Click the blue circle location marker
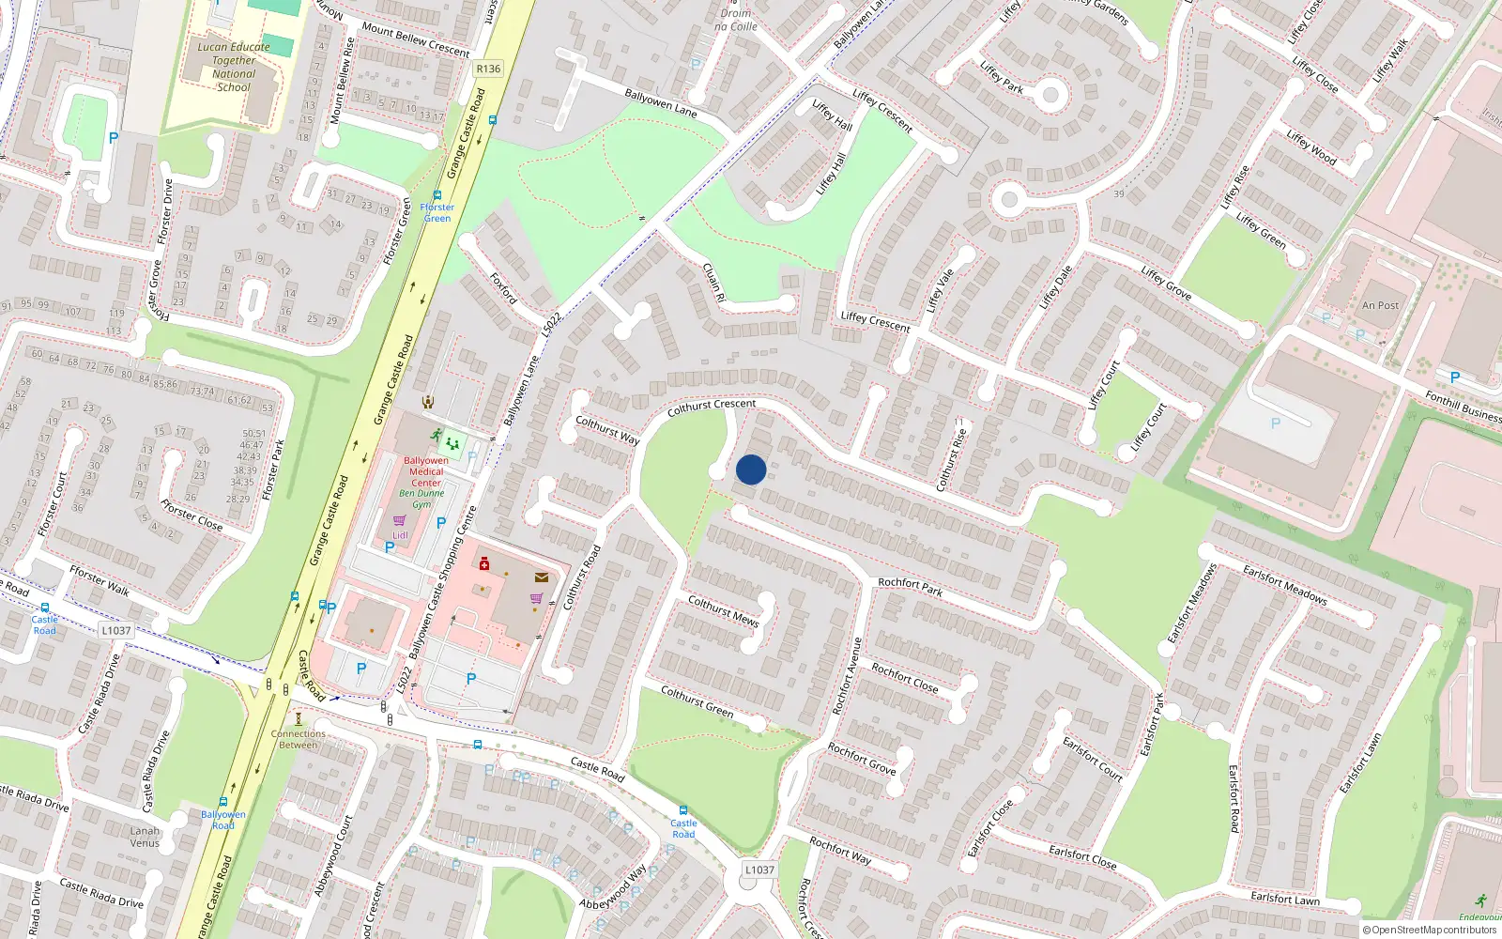[751, 469]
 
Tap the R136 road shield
[488, 69]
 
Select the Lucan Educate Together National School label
[234, 67]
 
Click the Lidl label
[400, 535]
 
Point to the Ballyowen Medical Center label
[426, 471]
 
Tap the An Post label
[1380, 305]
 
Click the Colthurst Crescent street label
[712, 408]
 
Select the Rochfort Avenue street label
[847, 675]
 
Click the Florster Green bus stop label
[437, 213]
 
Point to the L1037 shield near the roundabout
[759, 870]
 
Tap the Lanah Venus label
[145, 837]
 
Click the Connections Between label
[299, 739]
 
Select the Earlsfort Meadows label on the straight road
[1284, 584]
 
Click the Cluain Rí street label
[714, 282]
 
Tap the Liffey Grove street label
[1166, 284]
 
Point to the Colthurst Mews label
[723, 610]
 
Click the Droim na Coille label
[736, 20]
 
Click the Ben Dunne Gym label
[422, 499]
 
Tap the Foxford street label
[503, 288]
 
